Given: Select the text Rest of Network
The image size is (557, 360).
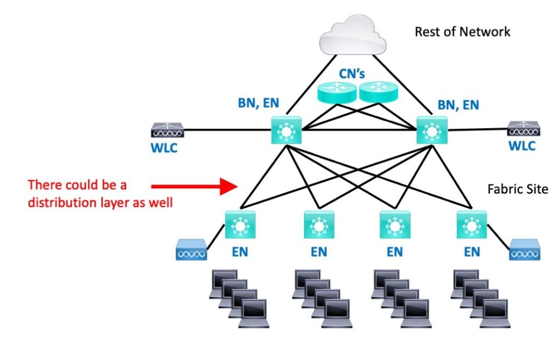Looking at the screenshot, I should [x=462, y=32].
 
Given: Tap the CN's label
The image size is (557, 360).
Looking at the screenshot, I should [x=352, y=75].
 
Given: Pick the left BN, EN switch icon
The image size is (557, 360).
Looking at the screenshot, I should [x=286, y=131].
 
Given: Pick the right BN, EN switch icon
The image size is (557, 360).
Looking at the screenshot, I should [x=431, y=131].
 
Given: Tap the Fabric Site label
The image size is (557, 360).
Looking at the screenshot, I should [x=518, y=190].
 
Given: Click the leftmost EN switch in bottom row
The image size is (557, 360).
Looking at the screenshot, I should [x=240, y=224].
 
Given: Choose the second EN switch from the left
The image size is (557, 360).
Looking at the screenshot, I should [x=319, y=224].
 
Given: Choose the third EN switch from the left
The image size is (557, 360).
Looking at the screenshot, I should [x=394, y=224].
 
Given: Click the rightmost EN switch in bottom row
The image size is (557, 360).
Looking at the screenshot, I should [x=469, y=224].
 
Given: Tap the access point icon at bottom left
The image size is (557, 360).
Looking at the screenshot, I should [x=190, y=252].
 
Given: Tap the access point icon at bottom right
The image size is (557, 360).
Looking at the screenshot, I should [x=524, y=252].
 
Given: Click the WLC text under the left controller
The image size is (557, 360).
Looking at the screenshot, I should [x=164, y=148].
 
